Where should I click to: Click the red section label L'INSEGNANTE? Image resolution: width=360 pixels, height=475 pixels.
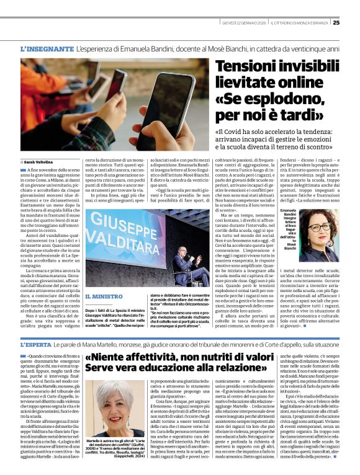coord(47,48)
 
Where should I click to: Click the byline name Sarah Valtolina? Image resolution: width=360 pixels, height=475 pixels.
coord(40,162)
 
